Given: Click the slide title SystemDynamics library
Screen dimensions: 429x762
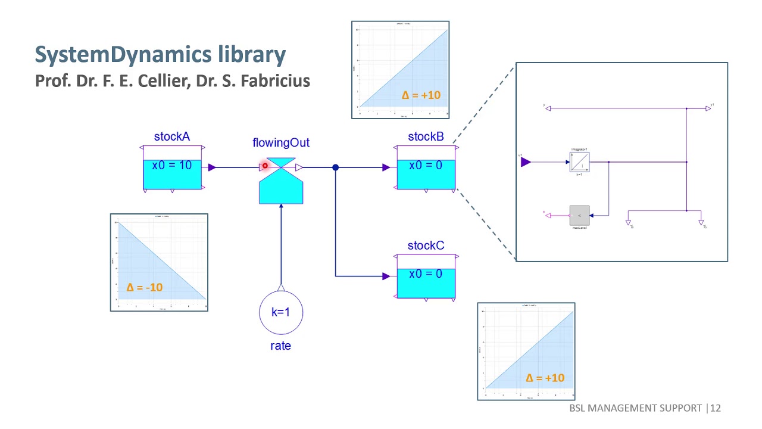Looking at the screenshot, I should [160, 54].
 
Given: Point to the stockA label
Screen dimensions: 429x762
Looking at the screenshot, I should [172, 136].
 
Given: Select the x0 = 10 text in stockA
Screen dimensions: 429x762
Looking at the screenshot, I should [172, 165].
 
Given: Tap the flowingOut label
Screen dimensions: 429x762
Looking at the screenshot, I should [281, 143].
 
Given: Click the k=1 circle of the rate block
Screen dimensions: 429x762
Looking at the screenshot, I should [281, 312].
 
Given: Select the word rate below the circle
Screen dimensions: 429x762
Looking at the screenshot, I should [280, 346].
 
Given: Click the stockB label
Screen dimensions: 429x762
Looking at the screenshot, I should [426, 136].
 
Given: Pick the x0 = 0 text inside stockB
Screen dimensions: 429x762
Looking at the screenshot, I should [426, 165].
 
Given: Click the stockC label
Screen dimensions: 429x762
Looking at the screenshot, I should [426, 245].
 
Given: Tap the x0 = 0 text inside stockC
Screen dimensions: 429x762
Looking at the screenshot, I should [426, 274].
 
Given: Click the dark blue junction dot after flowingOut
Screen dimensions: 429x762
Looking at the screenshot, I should [335, 167].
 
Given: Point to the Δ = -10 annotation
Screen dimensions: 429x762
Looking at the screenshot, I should [145, 287].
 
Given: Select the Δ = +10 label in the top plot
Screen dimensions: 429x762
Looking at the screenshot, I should [421, 95].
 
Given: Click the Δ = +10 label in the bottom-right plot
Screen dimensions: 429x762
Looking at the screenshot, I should [545, 378].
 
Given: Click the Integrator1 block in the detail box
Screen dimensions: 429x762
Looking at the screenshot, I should [579, 161].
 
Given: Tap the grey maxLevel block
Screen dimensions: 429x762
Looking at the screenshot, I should [579, 215].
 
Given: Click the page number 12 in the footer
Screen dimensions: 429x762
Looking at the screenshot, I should [715, 408].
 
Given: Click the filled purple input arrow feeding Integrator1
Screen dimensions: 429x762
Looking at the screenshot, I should [526, 161].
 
